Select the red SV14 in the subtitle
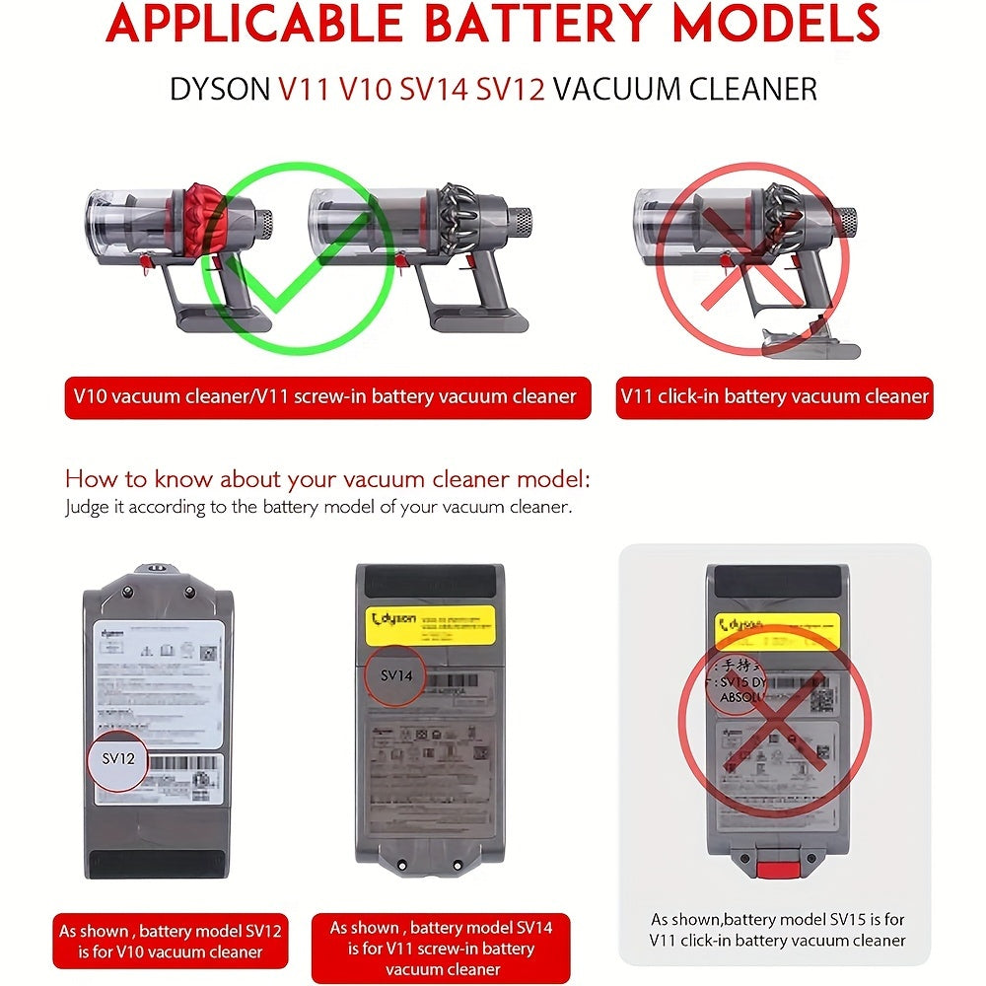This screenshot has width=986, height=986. (x=435, y=89)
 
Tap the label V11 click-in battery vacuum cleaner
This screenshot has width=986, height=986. (x=775, y=397)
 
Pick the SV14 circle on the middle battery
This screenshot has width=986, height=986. (x=394, y=676)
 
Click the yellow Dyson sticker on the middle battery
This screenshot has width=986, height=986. (x=430, y=622)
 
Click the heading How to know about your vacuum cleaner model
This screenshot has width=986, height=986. (x=327, y=480)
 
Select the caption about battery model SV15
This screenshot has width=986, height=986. (x=776, y=929)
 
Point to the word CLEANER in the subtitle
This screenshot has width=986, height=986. (x=744, y=89)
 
